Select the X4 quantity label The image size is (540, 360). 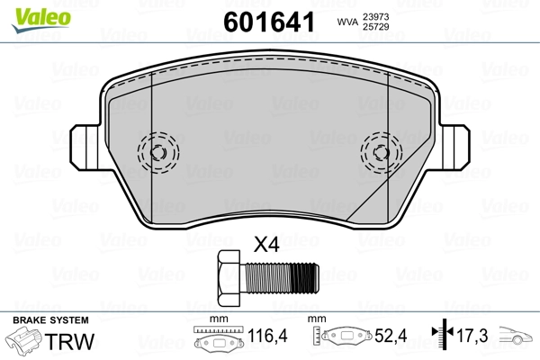click(x=265, y=245)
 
